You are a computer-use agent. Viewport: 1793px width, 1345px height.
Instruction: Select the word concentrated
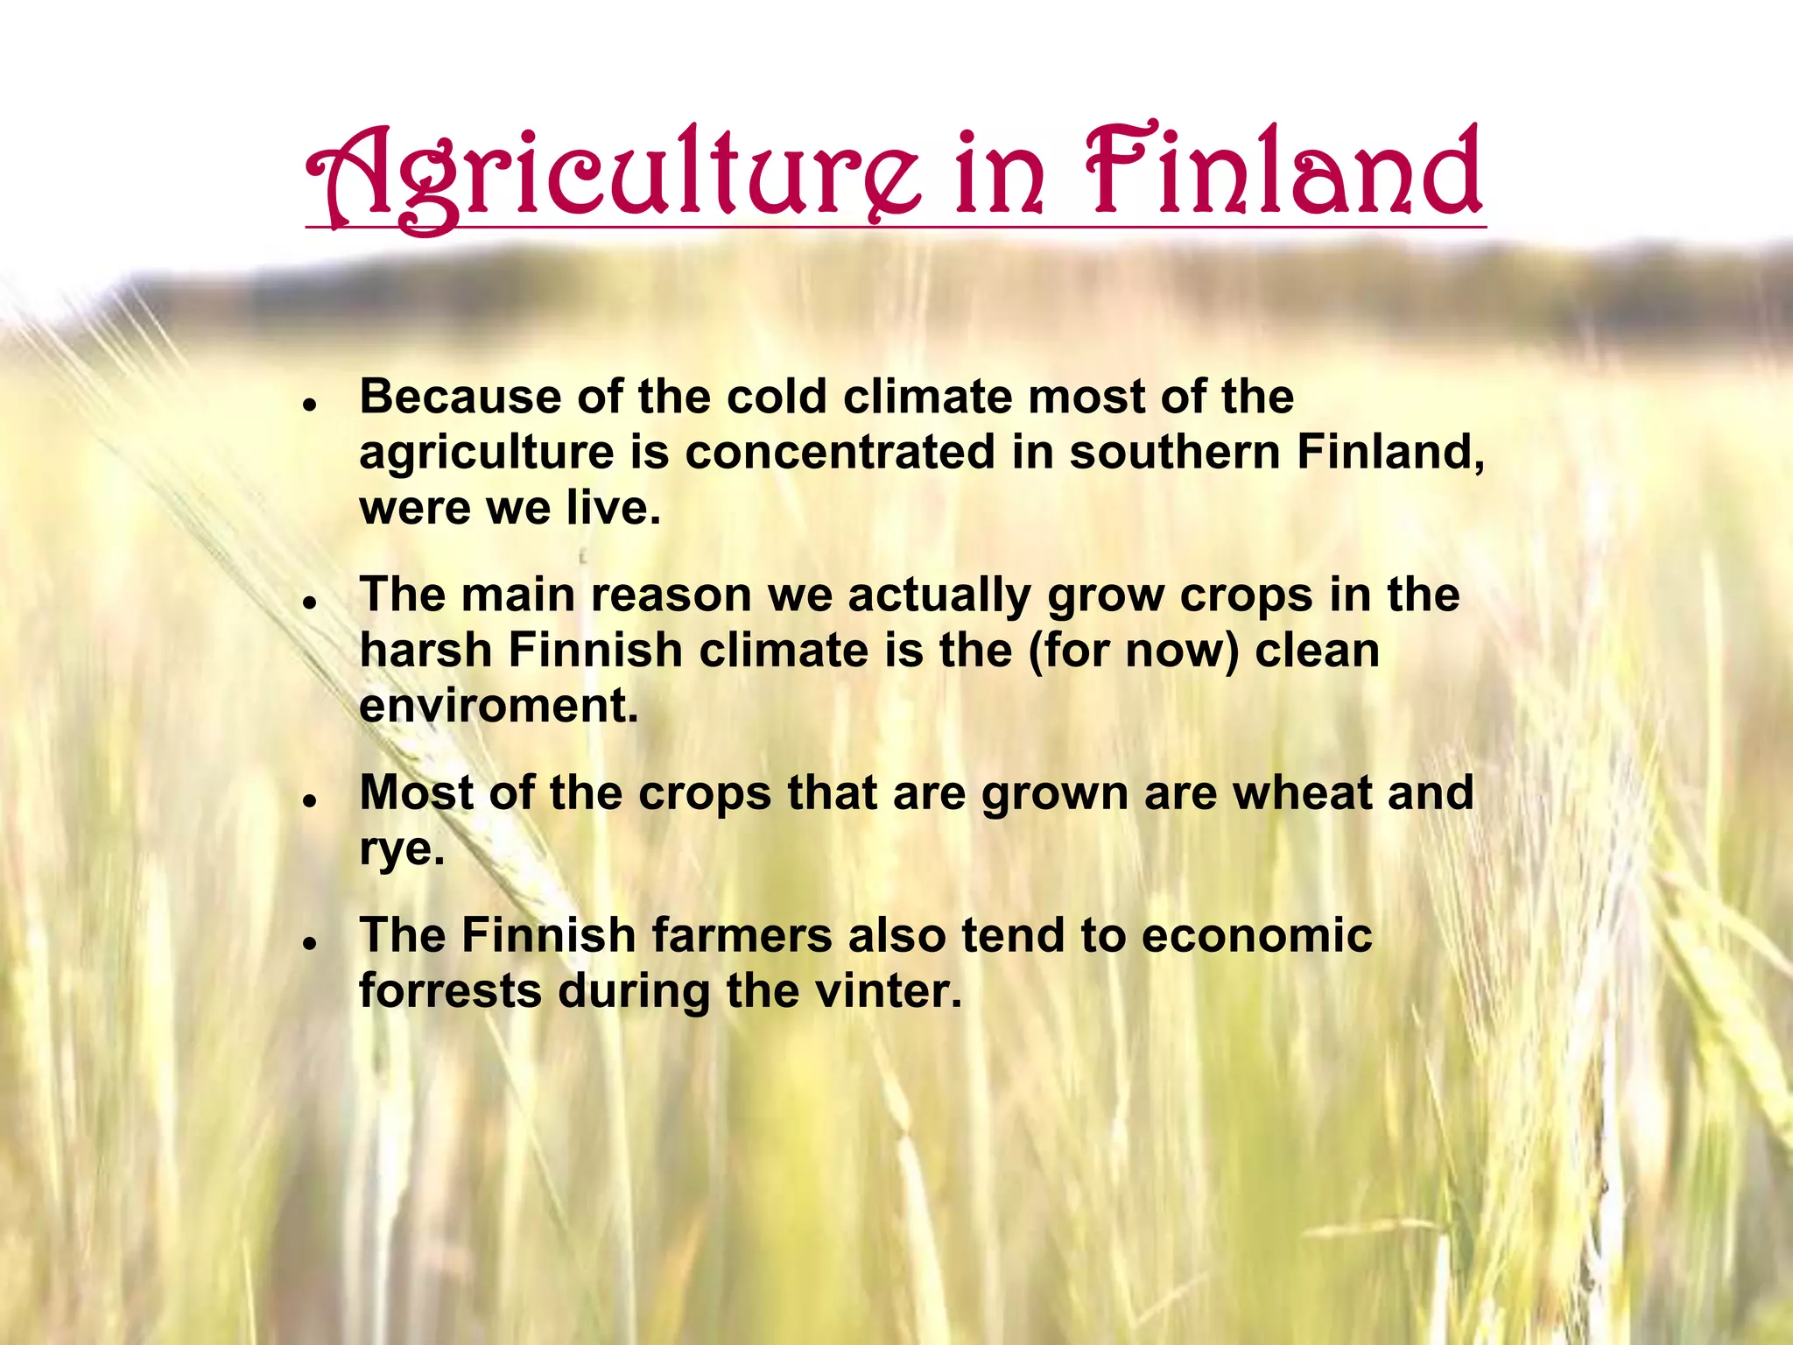click(840, 453)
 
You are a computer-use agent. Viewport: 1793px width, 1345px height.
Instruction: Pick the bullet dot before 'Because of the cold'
click(309, 405)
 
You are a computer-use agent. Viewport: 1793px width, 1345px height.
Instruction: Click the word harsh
click(425, 651)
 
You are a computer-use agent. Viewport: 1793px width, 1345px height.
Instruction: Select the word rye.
click(402, 849)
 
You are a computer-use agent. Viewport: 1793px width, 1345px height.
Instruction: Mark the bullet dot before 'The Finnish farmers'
click(309, 943)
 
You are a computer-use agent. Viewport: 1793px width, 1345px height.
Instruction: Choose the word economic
click(1256, 935)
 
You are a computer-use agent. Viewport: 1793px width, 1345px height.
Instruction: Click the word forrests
click(450, 991)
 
